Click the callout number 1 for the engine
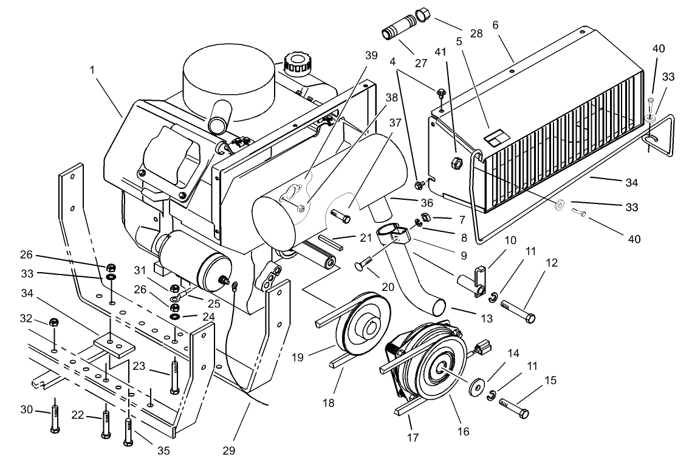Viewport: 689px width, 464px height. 93,70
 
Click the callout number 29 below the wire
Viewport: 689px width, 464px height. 228,451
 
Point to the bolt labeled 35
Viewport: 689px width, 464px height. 128,429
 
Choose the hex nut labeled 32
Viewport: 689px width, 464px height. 53,321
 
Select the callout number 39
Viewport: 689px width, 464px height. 371,55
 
